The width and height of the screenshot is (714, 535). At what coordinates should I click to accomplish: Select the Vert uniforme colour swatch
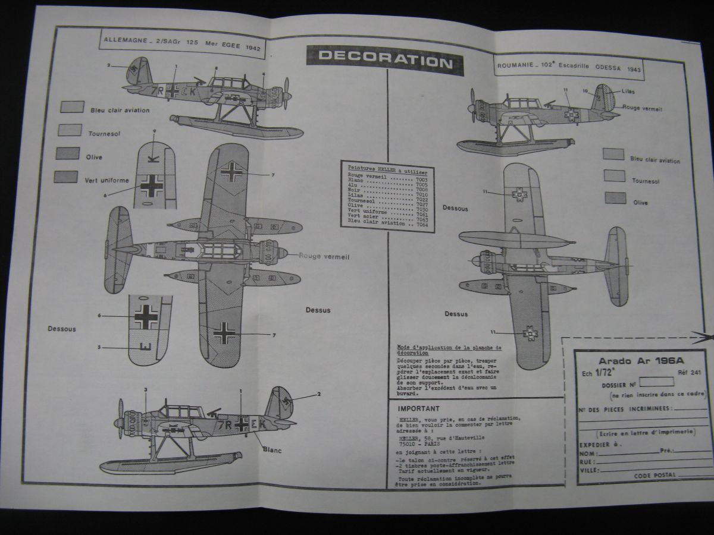[65, 177]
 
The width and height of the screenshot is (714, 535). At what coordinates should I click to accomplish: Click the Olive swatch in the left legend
[68, 153]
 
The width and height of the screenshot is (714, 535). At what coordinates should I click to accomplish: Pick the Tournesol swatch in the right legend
[613, 175]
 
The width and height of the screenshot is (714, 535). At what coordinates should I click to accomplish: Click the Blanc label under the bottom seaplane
[272, 450]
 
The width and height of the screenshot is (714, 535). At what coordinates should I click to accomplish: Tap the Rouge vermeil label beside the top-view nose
[324, 256]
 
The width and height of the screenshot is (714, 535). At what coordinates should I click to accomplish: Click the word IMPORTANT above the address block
[419, 408]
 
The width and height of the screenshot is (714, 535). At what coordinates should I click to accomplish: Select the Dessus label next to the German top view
[318, 310]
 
